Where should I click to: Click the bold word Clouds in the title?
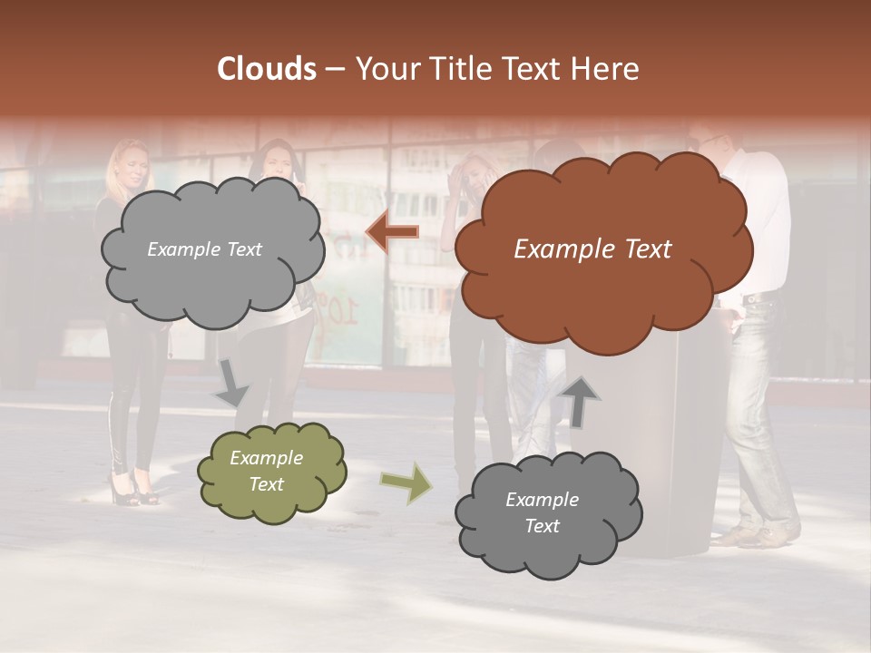coord(267,69)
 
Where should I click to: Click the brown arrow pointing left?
coord(392,233)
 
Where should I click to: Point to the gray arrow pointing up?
coord(581,402)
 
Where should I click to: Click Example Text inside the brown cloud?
coord(592,249)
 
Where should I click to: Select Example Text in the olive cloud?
coord(267,472)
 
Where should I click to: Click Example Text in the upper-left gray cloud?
coord(204,249)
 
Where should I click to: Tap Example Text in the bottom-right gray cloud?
coord(542,512)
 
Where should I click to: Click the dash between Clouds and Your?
coord(333,69)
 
